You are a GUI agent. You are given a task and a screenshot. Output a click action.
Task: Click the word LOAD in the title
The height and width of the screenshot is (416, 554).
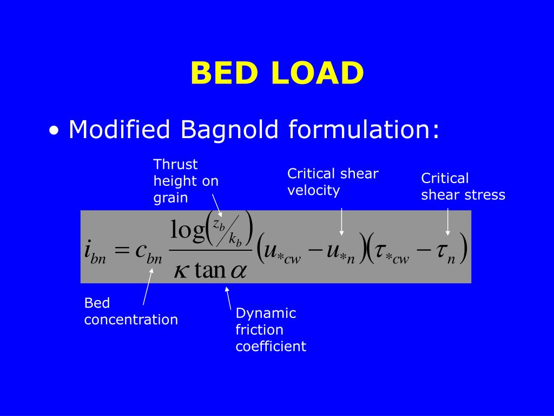click(x=318, y=73)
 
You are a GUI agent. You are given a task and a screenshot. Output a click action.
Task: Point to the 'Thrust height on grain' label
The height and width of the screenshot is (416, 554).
click(x=186, y=181)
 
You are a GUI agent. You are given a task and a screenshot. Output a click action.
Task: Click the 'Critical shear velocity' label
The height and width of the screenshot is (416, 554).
click(x=332, y=182)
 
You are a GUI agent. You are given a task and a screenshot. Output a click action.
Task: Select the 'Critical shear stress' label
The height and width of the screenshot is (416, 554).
click(x=463, y=186)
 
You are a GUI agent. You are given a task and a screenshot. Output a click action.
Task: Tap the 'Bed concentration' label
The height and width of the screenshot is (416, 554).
click(x=130, y=311)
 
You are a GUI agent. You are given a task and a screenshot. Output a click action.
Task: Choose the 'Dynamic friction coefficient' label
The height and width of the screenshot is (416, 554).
click(x=271, y=329)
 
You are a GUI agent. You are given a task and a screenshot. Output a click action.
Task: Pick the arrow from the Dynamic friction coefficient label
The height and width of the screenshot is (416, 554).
click(x=229, y=297)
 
